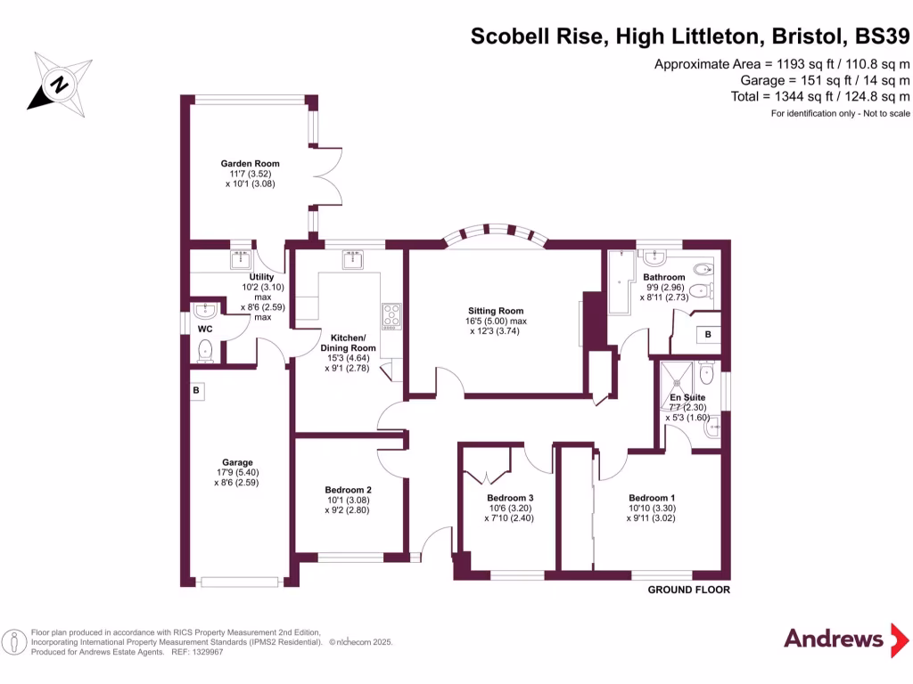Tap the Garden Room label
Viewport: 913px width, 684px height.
point(251,164)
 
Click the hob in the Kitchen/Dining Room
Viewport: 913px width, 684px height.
point(391,314)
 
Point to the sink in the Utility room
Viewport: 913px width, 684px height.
point(241,259)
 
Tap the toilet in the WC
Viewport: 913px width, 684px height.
point(206,349)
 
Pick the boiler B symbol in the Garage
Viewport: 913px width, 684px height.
point(195,390)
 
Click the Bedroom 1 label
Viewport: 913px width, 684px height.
point(653,498)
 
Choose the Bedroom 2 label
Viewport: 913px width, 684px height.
point(348,490)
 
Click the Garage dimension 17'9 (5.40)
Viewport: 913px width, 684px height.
point(237,473)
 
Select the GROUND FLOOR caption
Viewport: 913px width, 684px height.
point(688,590)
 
